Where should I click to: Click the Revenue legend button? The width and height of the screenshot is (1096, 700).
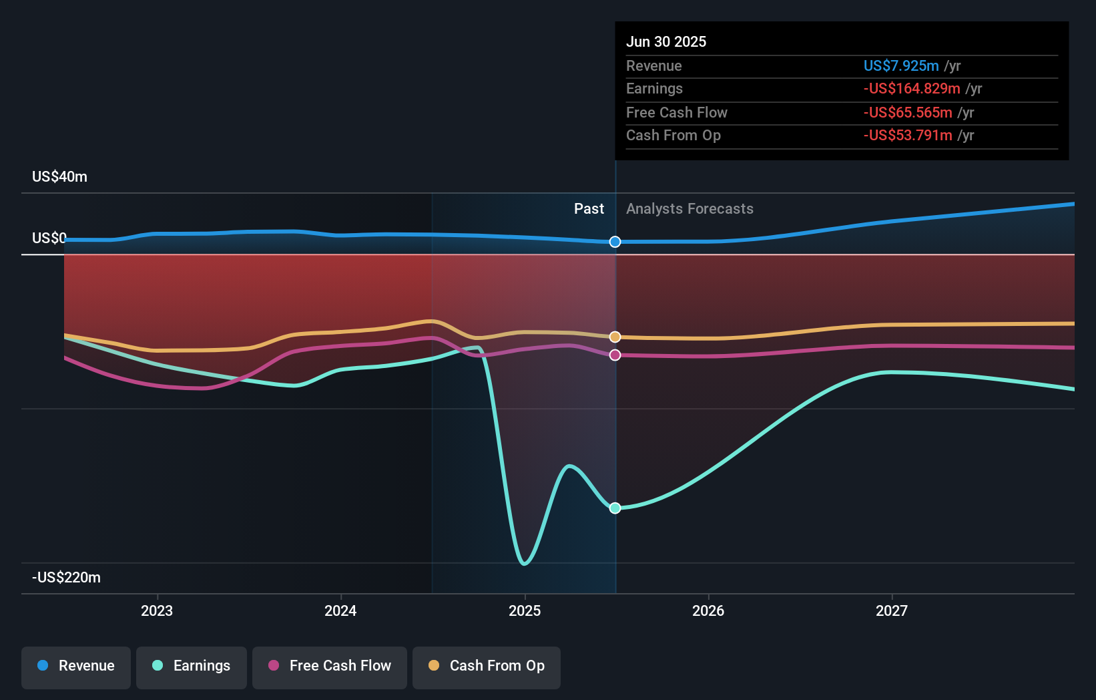point(76,666)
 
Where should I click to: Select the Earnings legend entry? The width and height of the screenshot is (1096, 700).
point(192,666)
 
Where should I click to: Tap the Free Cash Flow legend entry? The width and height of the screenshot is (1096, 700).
point(330,666)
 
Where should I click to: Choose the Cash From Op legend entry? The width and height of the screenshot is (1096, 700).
point(487,666)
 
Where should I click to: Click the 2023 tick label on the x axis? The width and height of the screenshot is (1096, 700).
point(157,610)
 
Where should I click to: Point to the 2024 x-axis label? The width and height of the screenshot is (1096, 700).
point(340,610)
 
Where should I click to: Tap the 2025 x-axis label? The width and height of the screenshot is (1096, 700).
point(525,610)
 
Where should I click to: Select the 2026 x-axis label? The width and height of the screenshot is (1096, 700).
point(708,610)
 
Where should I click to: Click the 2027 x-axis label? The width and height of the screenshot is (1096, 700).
point(892,610)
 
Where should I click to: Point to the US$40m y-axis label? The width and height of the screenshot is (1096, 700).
point(59,177)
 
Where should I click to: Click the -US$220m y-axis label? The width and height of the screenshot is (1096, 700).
point(66,577)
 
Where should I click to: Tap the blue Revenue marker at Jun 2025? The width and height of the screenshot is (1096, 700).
point(615,242)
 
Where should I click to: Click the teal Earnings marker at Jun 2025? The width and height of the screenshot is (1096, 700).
point(615,508)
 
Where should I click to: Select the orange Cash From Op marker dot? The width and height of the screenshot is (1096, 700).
point(615,337)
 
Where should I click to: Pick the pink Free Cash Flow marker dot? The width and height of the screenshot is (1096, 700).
point(615,355)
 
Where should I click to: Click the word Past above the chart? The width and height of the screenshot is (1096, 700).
point(589,209)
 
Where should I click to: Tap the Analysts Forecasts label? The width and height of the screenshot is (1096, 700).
point(690,209)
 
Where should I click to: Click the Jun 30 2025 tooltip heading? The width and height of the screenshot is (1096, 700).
point(666,41)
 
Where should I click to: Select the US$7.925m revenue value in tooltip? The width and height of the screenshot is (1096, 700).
point(901,65)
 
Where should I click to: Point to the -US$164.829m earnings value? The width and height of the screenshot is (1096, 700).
point(912,89)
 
